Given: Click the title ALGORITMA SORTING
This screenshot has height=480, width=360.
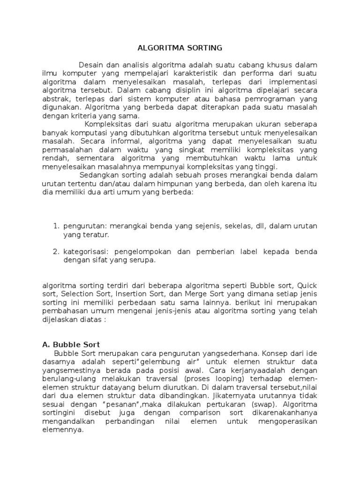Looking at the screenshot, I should [180, 48].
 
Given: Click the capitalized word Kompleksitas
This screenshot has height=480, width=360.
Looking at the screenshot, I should [109, 124].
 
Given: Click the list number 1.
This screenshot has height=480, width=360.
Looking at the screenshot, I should [56, 226].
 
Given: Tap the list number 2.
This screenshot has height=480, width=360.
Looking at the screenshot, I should [56, 252].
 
